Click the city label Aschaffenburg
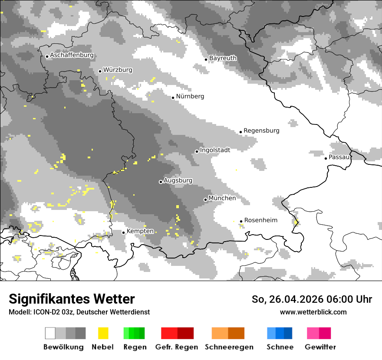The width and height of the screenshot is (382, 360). pyautogui.click(x=72, y=56)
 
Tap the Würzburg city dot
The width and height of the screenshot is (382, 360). pyautogui.click(x=100, y=71)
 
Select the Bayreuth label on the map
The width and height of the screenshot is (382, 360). pyautogui.click(x=223, y=58)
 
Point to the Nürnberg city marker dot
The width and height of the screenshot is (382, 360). pyautogui.click(x=173, y=98)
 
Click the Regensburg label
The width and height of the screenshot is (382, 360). pyautogui.click(x=261, y=131)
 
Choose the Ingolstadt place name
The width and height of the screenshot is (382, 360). pyautogui.click(x=215, y=150)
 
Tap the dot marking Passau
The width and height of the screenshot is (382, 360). pyautogui.click(x=326, y=158)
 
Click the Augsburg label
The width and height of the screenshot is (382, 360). pyautogui.click(x=178, y=180)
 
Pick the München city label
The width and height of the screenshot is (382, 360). pyautogui.click(x=222, y=198)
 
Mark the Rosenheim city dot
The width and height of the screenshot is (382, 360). pyautogui.click(x=241, y=221)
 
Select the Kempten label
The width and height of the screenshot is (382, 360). pyautogui.click(x=140, y=231)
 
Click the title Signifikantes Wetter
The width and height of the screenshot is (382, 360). pyautogui.click(x=72, y=299)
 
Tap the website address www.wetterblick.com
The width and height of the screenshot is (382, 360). pyautogui.click(x=313, y=312)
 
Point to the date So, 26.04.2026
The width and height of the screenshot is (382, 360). pyautogui.click(x=287, y=299)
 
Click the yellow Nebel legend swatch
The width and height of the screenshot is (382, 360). pyautogui.click(x=103, y=333)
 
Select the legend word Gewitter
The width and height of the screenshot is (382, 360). pyautogui.click(x=320, y=347)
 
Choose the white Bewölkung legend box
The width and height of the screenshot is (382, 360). pyautogui.click(x=50, y=333)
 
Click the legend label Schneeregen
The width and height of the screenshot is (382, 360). pyautogui.click(x=229, y=347)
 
